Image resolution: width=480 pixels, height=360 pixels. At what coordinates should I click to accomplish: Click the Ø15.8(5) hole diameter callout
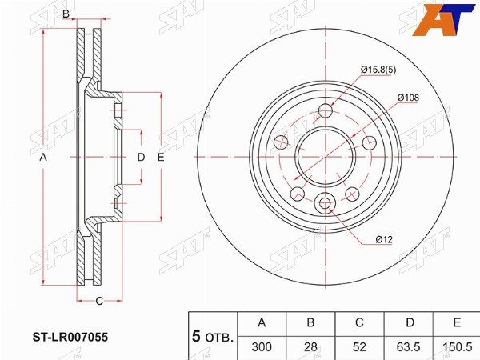(x=378, y=70)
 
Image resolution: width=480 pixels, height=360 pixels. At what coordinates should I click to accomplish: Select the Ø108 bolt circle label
(x=408, y=98)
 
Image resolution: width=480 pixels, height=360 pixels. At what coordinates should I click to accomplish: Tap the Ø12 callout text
(x=384, y=239)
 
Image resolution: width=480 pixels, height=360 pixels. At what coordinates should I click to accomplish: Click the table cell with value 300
(x=262, y=347)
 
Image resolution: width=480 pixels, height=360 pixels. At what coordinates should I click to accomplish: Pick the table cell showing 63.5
(x=408, y=347)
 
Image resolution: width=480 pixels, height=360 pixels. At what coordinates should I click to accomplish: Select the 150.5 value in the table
(x=458, y=347)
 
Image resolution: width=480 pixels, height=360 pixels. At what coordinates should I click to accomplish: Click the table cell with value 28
(x=310, y=347)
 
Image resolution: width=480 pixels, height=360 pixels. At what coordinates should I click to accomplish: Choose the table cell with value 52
(x=359, y=347)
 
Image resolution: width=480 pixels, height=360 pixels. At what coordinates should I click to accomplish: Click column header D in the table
(x=410, y=322)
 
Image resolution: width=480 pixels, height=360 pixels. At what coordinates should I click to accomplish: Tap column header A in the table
(x=262, y=322)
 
